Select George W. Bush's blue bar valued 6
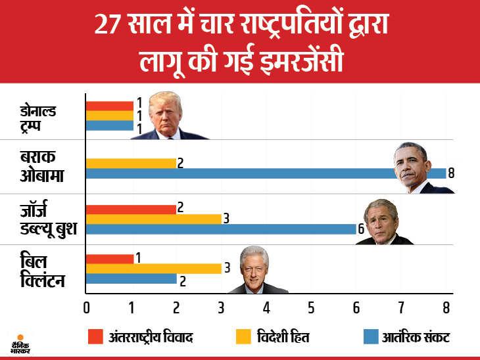(221, 229)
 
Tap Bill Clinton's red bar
(109, 258)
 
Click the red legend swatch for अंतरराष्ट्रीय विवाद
(96, 337)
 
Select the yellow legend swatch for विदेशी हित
(244, 337)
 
